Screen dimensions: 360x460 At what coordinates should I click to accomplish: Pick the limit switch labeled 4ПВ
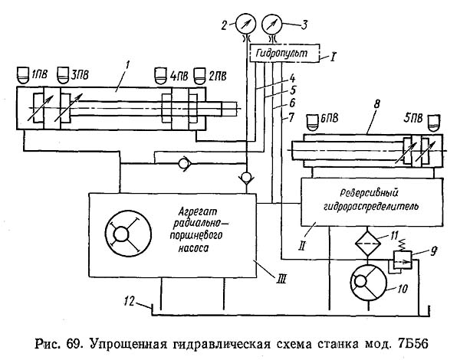[x=162, y=74]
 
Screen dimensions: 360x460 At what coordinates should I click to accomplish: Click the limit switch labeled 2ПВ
[x=199, y=74]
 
